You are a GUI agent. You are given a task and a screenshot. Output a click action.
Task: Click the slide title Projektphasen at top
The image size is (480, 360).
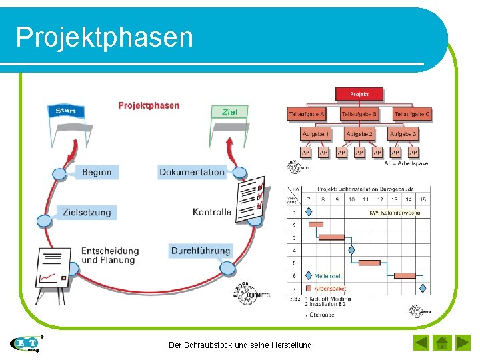[x=105, y=37]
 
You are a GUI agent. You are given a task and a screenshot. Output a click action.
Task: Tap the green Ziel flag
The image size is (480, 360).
[x=229, y=113]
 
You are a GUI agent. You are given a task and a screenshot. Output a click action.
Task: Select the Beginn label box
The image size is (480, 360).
[x=97, y=172]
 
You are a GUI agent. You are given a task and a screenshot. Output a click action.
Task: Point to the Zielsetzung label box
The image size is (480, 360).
[x=87, y=212]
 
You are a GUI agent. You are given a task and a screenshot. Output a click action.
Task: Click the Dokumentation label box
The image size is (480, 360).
[x=192, y=172]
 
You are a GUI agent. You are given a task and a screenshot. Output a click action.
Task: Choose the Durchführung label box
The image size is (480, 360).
[x=201, y=251]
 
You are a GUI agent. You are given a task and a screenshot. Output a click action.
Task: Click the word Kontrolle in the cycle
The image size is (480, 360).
[x=212, y=212]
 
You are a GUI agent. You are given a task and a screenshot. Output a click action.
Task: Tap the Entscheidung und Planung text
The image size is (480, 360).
[x=110, y=255]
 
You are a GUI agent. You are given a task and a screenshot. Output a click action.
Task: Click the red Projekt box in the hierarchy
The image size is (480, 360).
[x=359, y=95]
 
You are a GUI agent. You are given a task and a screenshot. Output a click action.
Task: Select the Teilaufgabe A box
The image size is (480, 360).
[x=307, y=115]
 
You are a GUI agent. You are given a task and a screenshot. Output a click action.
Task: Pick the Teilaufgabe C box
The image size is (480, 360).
[x=412, y=115]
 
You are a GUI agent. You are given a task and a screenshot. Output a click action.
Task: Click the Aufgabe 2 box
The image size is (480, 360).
[x=359, y=135]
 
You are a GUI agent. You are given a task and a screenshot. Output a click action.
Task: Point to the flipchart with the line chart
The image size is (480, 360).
[x=54, y=270]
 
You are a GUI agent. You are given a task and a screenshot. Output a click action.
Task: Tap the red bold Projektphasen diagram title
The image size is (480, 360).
[x=149, y=105]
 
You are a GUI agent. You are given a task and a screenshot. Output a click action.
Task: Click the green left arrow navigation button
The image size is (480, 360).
[x=421, y=343]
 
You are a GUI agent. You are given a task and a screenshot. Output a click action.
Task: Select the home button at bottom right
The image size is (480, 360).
[x=441, y=343]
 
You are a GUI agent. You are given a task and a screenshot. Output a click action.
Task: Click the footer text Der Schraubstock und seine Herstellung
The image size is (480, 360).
[x=240, y=345]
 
